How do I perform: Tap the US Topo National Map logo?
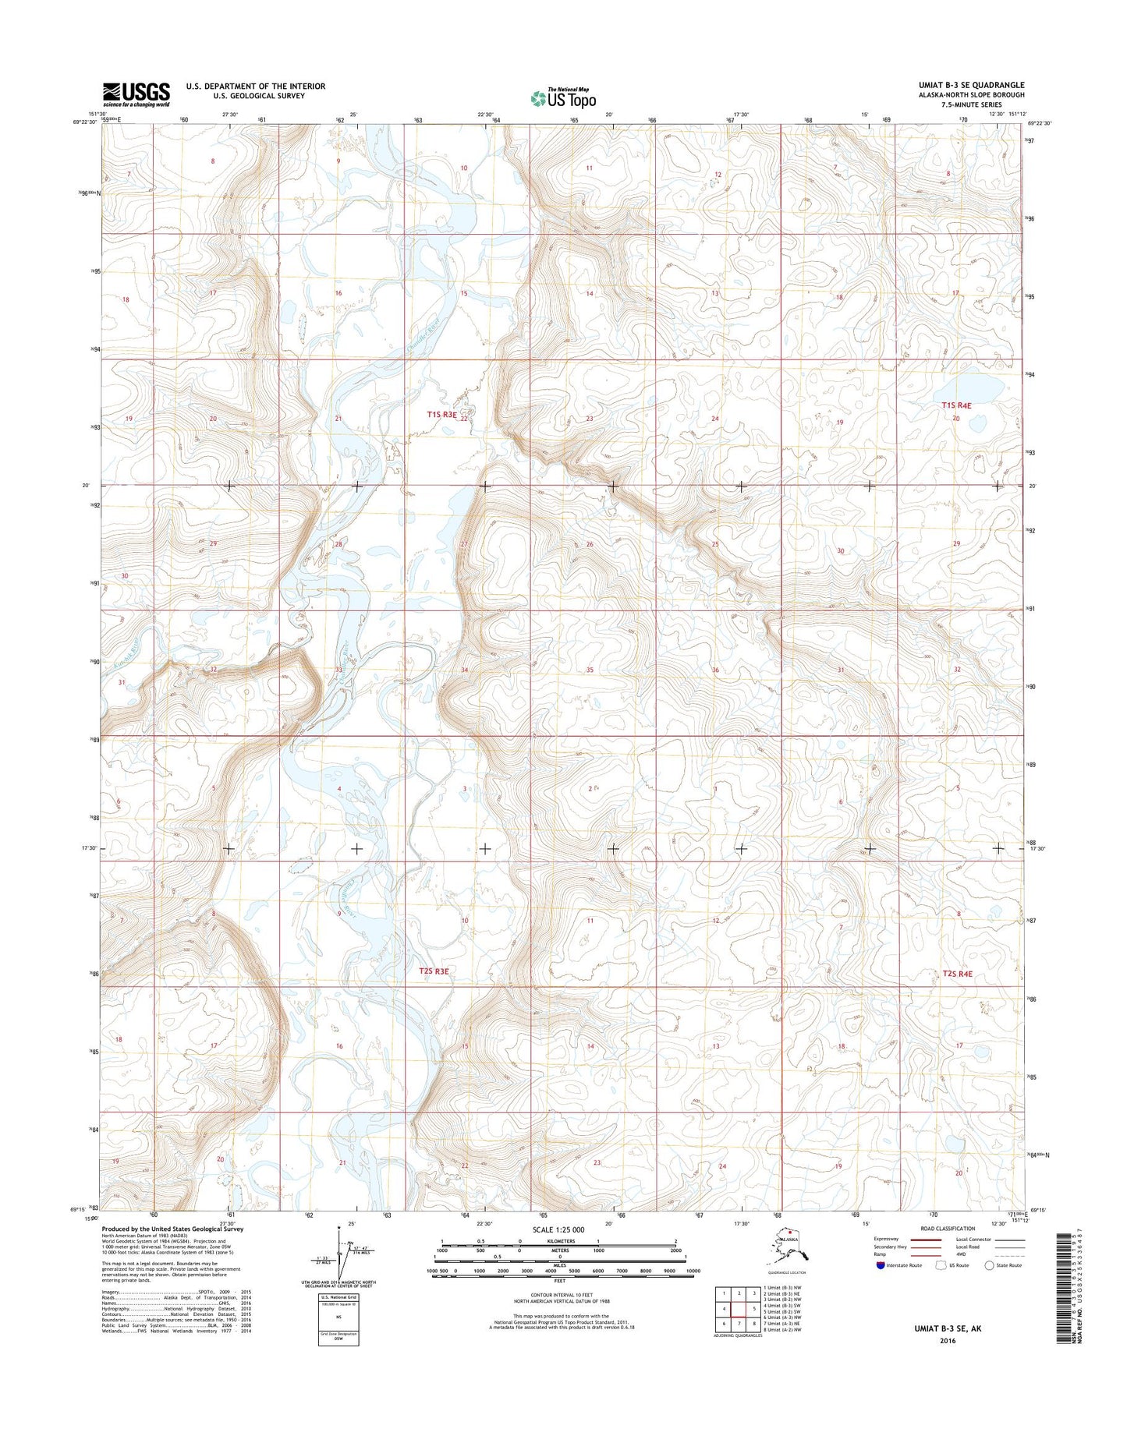(x=563, y=97)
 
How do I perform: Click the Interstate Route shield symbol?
(x=880, y=1265)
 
